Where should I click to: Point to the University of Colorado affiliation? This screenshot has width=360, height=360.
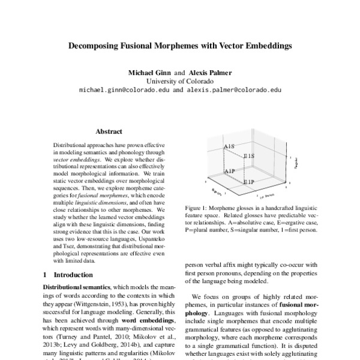(x=180, y=81)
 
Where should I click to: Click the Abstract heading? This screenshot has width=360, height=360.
(x=109, y=131)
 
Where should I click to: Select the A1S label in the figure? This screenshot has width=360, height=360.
(x=230, y=146)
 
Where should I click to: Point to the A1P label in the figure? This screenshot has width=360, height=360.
(x=230, y=171)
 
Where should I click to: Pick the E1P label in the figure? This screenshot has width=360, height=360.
(x=250, y=181)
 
